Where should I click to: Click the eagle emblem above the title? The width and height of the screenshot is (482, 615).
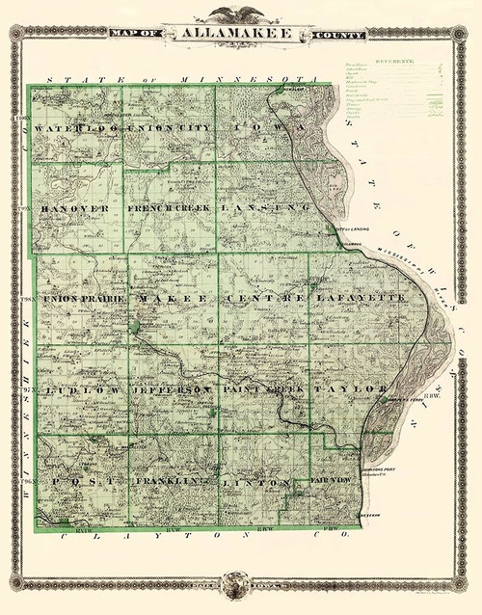[x=241, y=14]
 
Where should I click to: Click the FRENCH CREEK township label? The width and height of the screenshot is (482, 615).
[x=171, y=208]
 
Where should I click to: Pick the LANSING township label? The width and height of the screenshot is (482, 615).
[x=264, y=208]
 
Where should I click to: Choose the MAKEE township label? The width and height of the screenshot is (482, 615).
[x=174, y=300]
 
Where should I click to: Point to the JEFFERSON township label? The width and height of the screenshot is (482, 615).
[x=174, y=388]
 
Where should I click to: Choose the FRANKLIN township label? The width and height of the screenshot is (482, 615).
[x=173, y=480]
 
